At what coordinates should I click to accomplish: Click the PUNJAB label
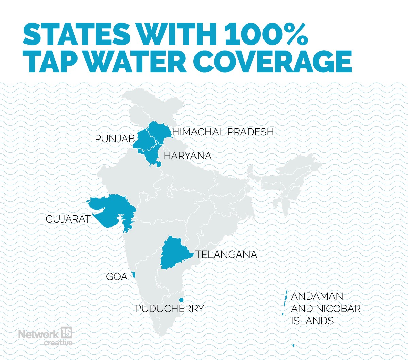click(115, 139)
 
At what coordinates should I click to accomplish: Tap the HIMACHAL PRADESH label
click(223, 132)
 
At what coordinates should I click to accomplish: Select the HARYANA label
click(187, 156)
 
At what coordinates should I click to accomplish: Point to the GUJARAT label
click(68, 219)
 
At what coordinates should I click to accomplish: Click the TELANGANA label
click(226, 255)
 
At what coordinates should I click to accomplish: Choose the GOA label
click(117, 277)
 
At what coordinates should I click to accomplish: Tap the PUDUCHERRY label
click(169, 309)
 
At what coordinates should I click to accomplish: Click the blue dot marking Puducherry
click(181, 300)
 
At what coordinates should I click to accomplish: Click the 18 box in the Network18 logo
click(66, 333)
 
